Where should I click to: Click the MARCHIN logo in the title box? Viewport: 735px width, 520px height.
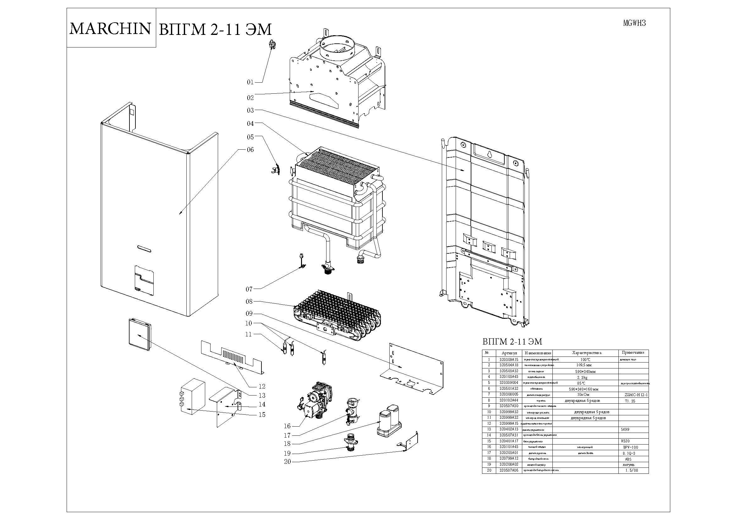110,28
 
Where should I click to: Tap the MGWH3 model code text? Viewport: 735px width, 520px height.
634,23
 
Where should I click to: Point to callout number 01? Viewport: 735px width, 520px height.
250,82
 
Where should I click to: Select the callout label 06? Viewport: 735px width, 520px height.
250,150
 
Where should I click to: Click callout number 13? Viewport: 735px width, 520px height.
262,396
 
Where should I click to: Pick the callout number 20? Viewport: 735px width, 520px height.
287,462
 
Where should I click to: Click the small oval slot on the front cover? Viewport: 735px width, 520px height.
145,248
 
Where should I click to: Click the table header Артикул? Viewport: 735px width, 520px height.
509,353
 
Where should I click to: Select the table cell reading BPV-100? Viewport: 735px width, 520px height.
630,447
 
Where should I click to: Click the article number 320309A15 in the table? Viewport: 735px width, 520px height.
509,360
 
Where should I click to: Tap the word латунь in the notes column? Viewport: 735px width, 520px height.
628,465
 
